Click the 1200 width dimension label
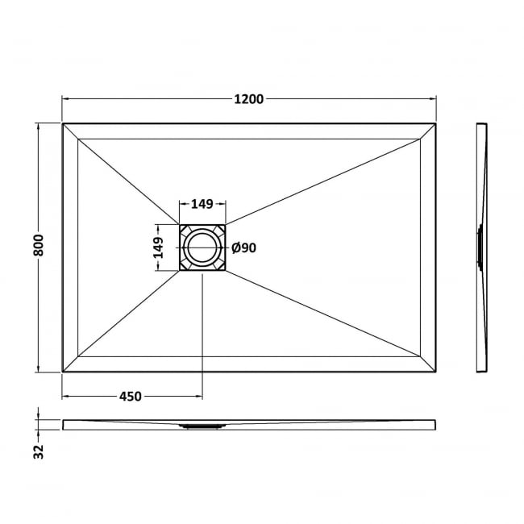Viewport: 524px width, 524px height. pyautogui.click(x=249, y=99)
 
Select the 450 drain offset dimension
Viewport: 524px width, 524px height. pyautogui.click(x=131, y=396)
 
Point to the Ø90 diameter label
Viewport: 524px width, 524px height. pyautogui.click(x=243, y=248)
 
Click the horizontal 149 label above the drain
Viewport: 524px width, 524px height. pyautogui.click(x=202, y=205)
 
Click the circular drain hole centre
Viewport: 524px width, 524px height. pyautogui.click(x=202, y=248)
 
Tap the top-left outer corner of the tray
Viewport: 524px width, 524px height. pyautogui.click(x=63, y=123)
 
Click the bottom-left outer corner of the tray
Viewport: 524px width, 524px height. pyautogui.click(x=63, y=372)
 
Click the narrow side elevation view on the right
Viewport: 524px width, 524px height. pyautogui.click(x=481, y=247)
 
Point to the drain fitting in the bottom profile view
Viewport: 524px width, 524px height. pyautogui.click(x=202, y=426)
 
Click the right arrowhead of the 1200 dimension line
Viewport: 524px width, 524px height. pyautogui.click(x=434, y=99)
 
